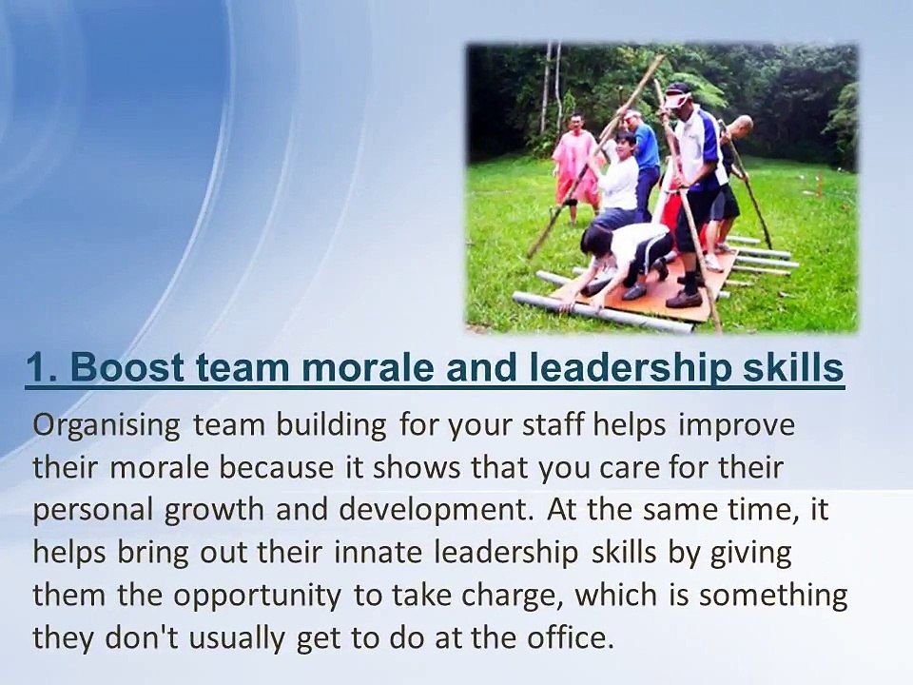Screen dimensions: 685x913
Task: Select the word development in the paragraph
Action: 426,509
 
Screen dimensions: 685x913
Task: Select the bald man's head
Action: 743,126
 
